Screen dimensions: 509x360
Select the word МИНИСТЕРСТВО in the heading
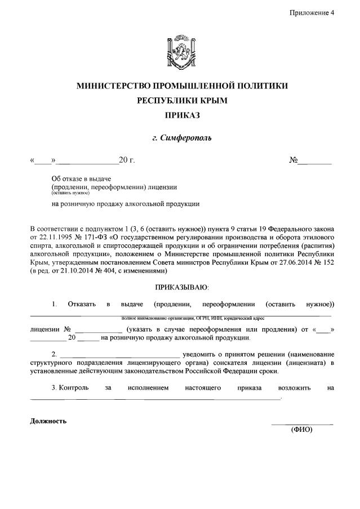[118, 86]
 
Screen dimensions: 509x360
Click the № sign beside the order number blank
[293, 160]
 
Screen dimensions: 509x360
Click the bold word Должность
[48, 421]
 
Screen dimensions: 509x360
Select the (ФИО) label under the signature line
[301, 430]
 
